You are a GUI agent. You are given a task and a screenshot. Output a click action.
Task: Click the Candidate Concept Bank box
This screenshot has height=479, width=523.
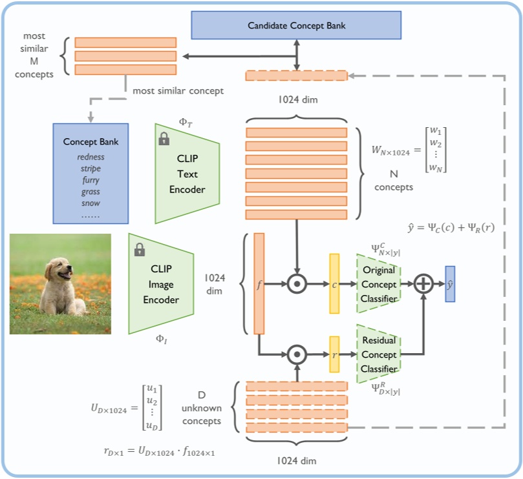[x=297, y=26]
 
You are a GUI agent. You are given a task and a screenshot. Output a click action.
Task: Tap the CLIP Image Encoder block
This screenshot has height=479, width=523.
[x=161, y=284]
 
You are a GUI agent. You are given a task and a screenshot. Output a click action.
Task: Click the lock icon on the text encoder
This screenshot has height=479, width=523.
[x=164, y=138]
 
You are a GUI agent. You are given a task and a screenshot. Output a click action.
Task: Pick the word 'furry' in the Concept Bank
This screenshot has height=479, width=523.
[x=91, y=180]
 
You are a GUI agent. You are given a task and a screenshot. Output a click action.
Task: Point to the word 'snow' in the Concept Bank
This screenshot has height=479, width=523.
[x=91, y=203]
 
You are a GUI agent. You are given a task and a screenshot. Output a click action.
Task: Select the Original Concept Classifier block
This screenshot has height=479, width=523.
[x=379, y=284]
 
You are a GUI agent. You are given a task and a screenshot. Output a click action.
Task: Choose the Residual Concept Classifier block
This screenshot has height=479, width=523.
[x=379, y=355]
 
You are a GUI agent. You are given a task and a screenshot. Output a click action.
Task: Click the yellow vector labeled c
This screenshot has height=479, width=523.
[x=334, y=284]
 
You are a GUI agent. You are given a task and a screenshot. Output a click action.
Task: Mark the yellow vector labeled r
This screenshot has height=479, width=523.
[x=334, y=354]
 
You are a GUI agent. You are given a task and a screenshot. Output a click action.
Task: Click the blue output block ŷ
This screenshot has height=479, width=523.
[x=450, y=284]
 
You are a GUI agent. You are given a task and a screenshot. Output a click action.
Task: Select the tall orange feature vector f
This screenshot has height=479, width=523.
[x=259, y=284]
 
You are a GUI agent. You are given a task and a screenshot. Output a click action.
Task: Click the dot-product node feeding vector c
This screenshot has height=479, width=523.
[x=297, y=284]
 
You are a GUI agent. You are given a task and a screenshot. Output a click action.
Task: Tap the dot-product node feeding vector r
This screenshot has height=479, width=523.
[x=297, y=354]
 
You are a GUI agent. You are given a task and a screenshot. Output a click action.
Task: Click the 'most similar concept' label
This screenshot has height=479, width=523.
[x=178, y=91]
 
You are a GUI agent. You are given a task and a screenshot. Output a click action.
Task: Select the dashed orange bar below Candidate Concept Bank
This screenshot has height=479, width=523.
[x=296, y=76]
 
